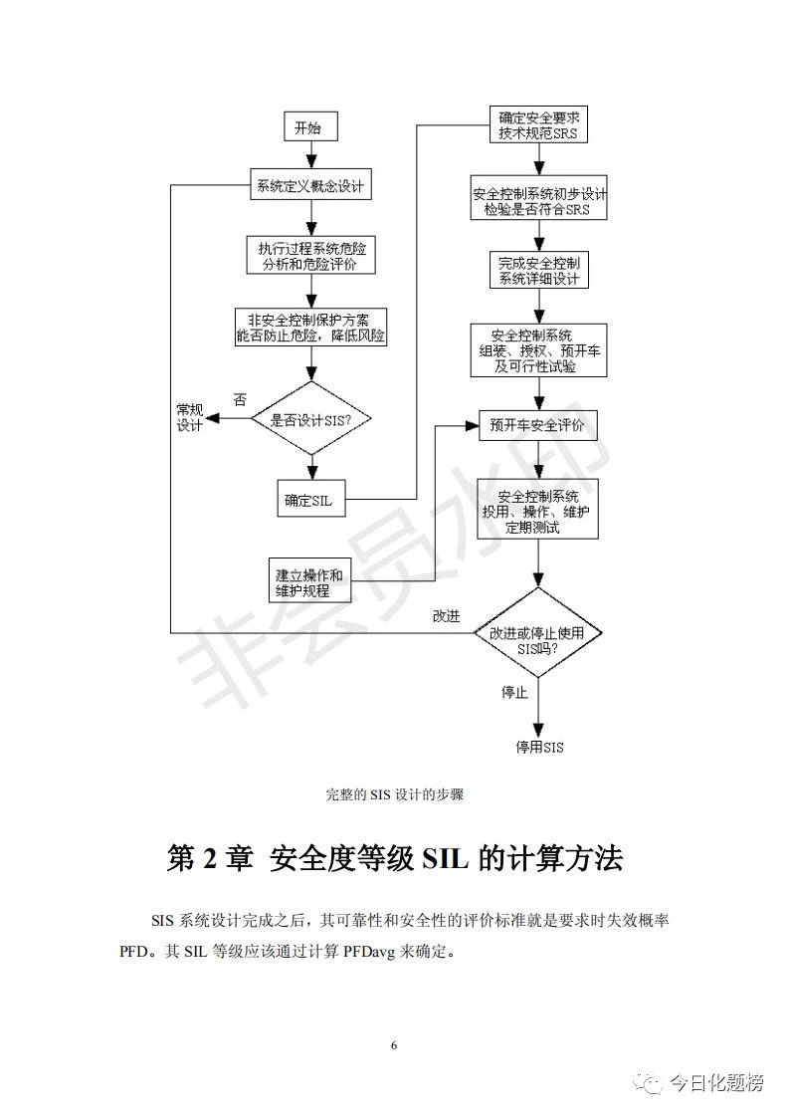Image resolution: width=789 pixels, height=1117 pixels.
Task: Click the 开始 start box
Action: click(x=309, y=128)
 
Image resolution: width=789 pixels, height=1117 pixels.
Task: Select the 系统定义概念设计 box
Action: click(x=309, y=185)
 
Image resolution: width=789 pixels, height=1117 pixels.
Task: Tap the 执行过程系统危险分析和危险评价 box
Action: click(x=310, y=256)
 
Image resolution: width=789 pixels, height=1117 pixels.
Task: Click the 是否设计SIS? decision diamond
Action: click(x=310, y=419)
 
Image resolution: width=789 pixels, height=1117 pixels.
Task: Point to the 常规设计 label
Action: click(x=189, y=418)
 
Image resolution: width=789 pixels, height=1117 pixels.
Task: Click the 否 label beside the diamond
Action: click(x=240, y=399)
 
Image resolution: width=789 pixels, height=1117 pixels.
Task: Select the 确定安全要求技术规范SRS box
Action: click(x=538, y=125)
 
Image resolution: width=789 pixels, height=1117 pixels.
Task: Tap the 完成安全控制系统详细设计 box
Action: click(x=539, y=270)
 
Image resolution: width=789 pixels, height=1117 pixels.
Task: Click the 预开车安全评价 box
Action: click(x=538, y=426)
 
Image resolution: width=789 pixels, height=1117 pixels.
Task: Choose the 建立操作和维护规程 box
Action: click(x=309, y=584)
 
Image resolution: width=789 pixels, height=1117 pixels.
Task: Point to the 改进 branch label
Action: click(x=446, y=615)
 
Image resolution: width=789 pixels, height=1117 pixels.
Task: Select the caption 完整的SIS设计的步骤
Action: click(x=395, y=794)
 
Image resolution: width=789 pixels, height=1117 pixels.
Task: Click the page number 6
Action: click(x=395, y=1045)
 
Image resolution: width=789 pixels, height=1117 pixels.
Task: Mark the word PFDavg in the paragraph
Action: click(x=371, y=952)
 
